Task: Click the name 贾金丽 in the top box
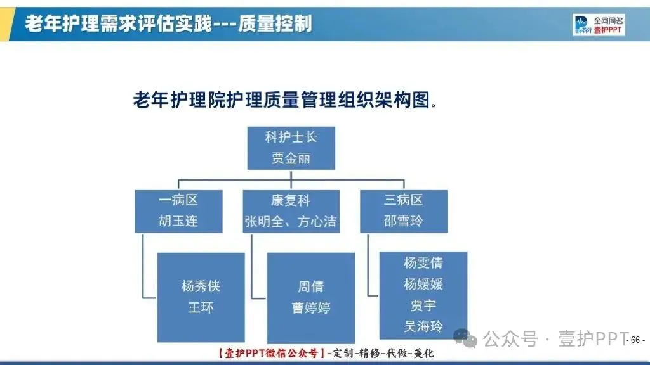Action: (291, 158)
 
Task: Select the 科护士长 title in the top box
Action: (291, 137)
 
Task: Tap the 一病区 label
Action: (178, 200)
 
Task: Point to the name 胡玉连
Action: (178, 222)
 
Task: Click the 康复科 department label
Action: (291, 200)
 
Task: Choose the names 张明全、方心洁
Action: (291, 222)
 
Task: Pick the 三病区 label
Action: (403, 200)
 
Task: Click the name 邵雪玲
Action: (403, 222)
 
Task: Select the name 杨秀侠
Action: (201, 286)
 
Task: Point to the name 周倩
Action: (310, 286)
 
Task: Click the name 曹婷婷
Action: (310, 308)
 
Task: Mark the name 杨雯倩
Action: (423, 262)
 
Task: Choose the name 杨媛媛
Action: (423, 284)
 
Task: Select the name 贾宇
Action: (423, 305)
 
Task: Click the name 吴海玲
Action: (423, 327)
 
